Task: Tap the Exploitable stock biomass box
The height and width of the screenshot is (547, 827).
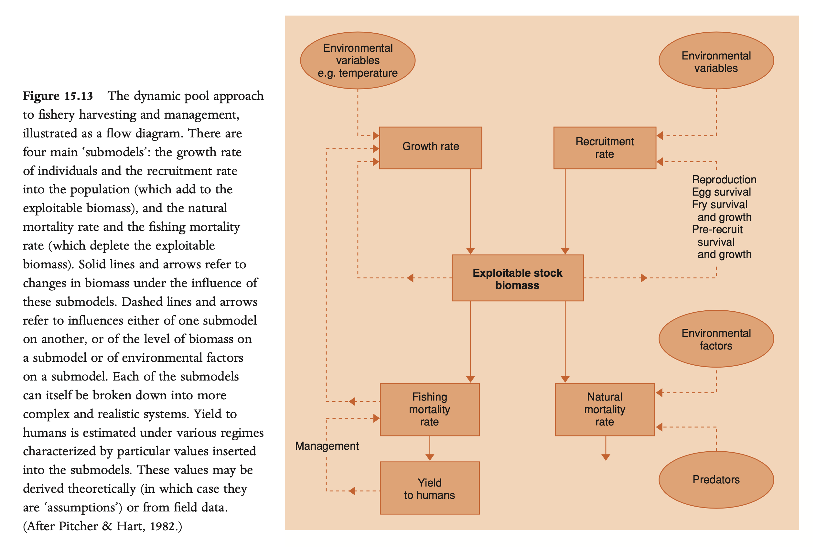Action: tap(517, 278)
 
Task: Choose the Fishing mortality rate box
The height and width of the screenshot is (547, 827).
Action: tap(429, 409)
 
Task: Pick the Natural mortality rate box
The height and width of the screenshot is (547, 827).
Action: tap(605, 409)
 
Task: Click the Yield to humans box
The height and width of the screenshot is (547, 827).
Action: tap(429, 488)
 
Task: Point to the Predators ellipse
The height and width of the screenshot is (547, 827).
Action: tap(716, 479)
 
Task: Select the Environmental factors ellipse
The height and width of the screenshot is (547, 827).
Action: tap(716, 339)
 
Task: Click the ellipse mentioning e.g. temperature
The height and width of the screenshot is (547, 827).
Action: tap(358, 60)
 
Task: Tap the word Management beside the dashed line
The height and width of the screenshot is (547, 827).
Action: tap(327, 445)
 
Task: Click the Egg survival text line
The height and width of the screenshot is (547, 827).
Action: tap(721, 192)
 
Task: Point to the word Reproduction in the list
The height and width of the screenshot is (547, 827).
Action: tap(724, 179)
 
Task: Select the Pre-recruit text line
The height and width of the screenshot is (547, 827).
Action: tap(717, 229)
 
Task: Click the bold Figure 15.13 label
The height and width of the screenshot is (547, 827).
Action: tap(58, 96)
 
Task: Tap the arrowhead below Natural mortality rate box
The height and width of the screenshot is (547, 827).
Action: tap(606, 457)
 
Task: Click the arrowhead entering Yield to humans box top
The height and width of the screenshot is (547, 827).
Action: tap(430, 457)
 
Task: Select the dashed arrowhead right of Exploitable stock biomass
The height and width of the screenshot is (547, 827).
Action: tap(644, 278)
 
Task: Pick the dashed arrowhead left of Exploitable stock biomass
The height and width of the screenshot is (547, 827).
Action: tap(411, 278)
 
